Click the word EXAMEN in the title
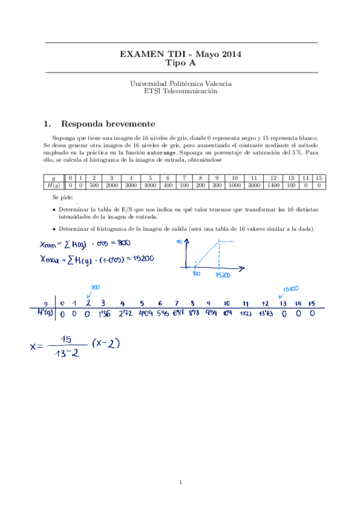(138, 54)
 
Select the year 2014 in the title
(229, 54)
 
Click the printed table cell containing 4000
(149, 186)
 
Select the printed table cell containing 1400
(273, 186)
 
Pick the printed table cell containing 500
(94, 186)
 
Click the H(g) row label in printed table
(53, 186)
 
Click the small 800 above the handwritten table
(95, 287)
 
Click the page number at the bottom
(180, 481)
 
